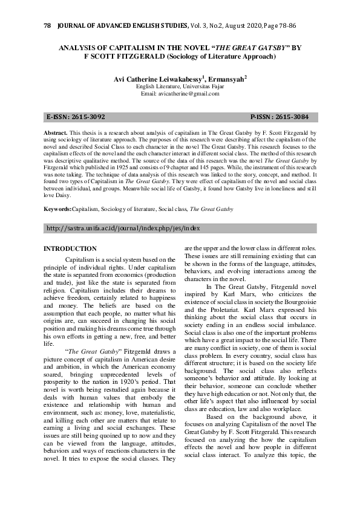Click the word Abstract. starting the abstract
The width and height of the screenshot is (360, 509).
pyautogui.click(x=55, y=131)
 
